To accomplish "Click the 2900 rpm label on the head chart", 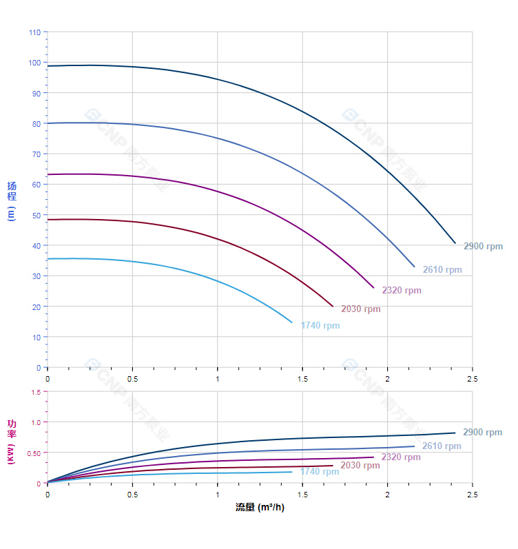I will (x=483, y=246).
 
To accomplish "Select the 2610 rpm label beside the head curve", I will (x=442, y=270).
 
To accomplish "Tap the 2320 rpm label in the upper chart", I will (x=402, y=291).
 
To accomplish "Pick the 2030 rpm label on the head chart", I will (x=360, y=309).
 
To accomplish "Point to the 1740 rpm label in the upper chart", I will (x=320, y=326).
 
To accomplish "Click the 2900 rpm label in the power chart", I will (x=482, y=433).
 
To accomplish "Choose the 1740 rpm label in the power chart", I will (x=320, y=472).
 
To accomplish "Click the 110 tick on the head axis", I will (x=35, y=32).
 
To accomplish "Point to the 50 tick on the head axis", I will (x=37, y=215).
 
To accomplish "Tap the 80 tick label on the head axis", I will (x=37, y=123).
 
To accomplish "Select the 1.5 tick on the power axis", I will (x=35, y=391).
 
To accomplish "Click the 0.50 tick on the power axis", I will (x=33, y=453).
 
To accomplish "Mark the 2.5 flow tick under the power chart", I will (x=472, y=495).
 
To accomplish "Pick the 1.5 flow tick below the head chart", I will (x=302, y=379).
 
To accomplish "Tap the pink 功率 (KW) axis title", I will (x=12, y=441).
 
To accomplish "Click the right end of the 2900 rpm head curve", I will (x=455, y=243).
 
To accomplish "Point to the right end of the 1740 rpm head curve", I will (x=292, y=322).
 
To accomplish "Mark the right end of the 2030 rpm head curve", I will (x=333, y=307).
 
